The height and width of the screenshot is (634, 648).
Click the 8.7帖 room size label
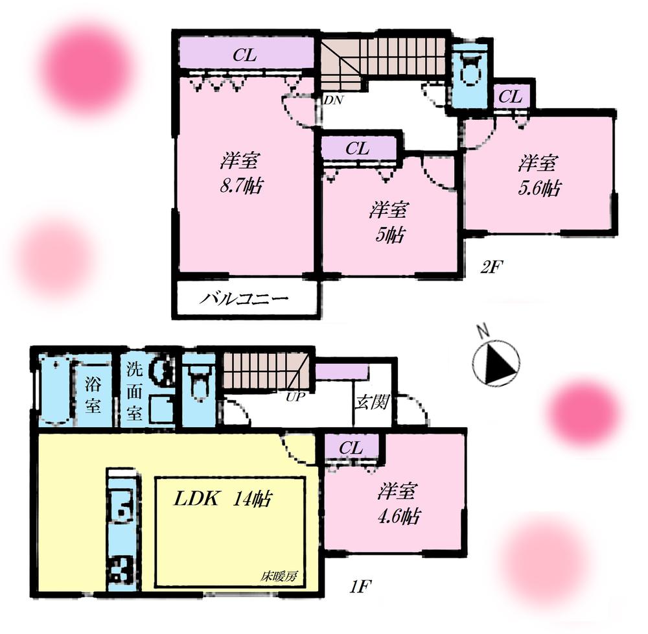[241, 187]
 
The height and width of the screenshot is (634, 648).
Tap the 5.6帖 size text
[538, 187]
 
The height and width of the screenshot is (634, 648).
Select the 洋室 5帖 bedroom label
[389, 222]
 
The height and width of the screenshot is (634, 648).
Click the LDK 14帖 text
[221, 499]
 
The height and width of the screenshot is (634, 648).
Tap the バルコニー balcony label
[244, 299]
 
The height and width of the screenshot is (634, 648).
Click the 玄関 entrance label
[371, 403]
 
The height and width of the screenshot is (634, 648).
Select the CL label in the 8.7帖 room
[245, 56]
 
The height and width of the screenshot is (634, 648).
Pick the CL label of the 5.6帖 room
[511, 97]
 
